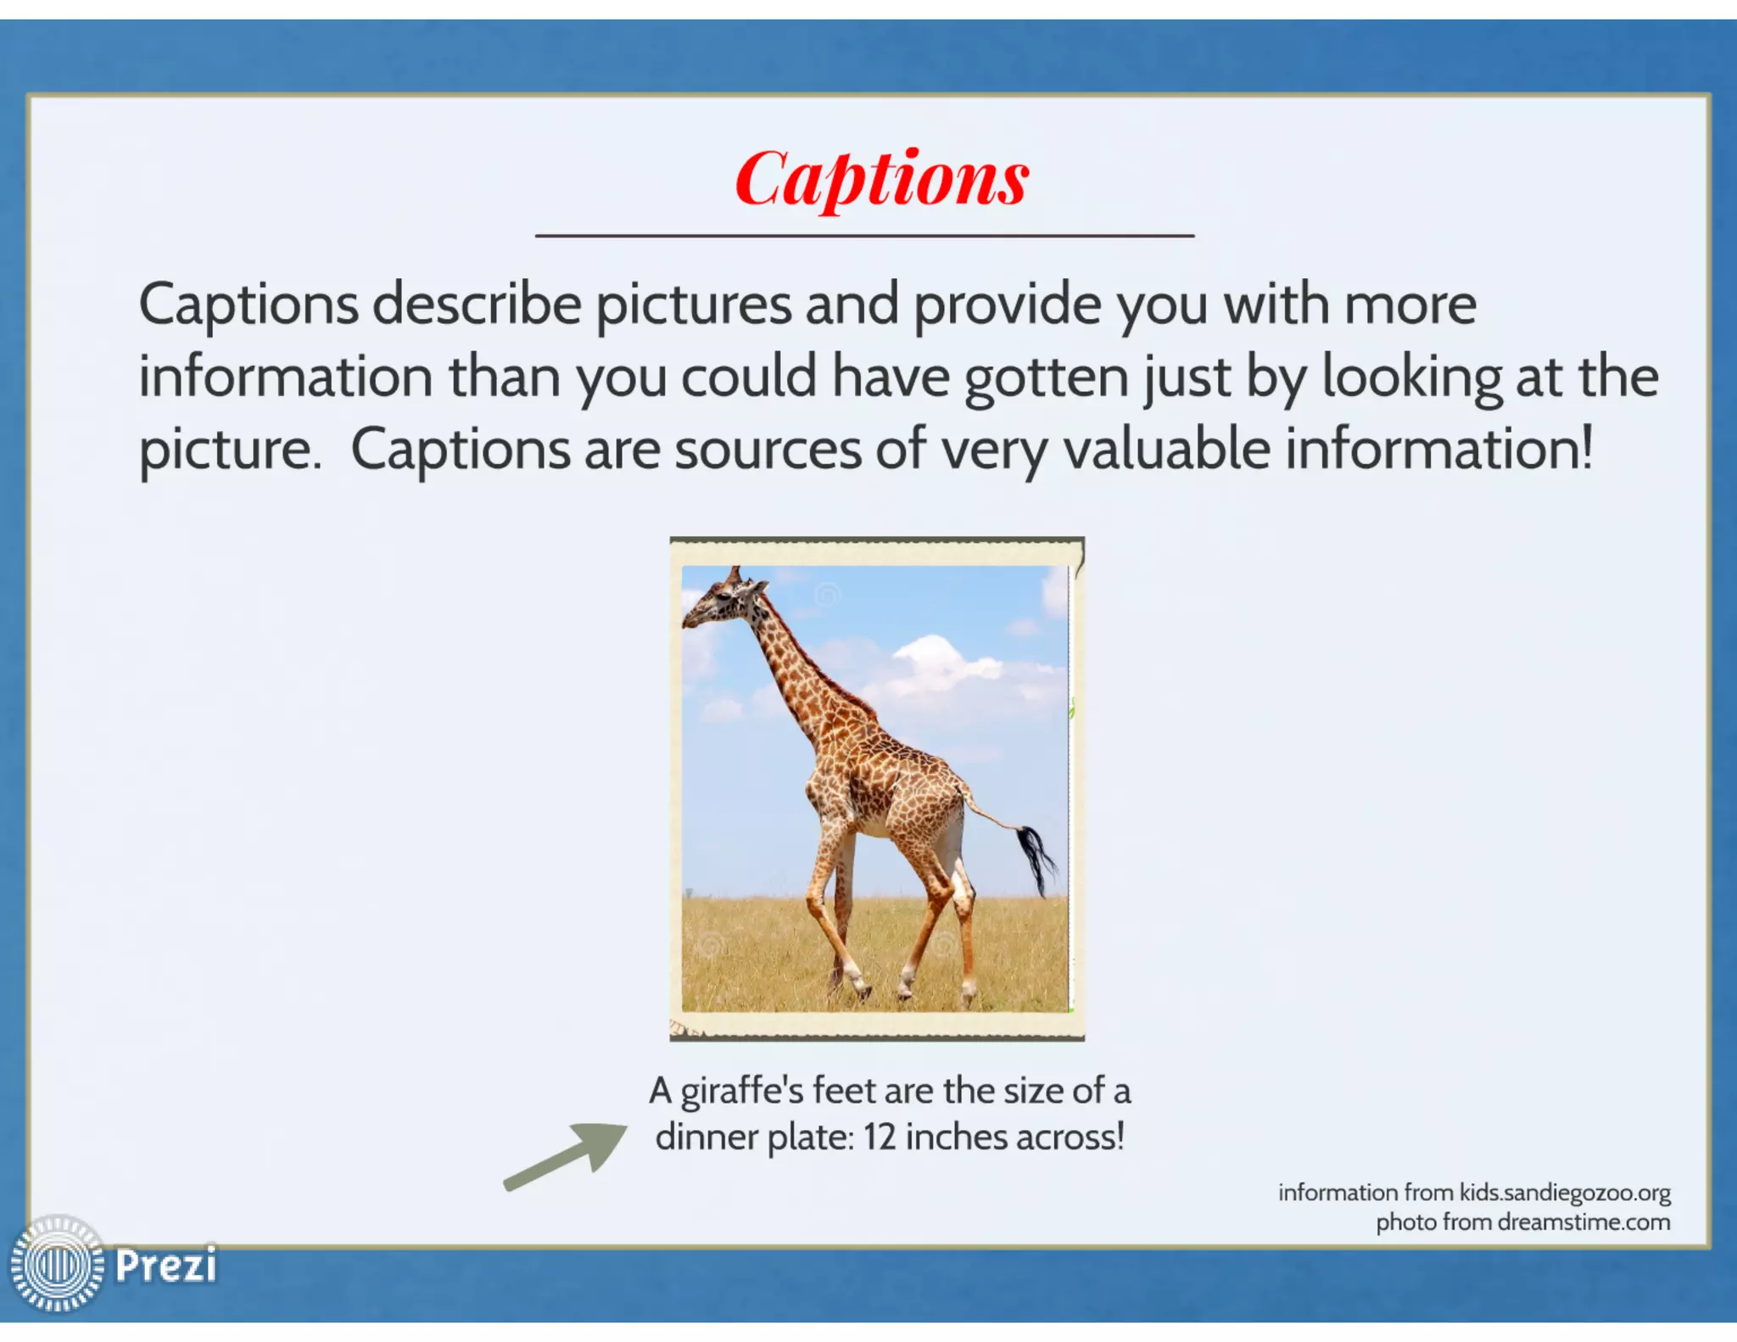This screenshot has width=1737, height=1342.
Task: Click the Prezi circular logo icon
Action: (58, 1264)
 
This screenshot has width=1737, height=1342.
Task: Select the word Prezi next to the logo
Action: (165, 1266)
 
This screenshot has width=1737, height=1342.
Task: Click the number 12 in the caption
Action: (880, 1138)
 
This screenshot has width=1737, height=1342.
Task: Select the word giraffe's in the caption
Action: (741, 1091)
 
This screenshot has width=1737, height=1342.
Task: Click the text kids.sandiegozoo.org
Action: (1564, 1193)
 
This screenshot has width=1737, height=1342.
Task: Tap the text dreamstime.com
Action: (1583, 1222)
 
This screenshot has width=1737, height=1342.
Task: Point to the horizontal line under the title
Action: (864, 236)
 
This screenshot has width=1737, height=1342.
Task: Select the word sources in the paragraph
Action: (768, 449)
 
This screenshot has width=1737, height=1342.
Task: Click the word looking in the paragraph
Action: (1411, 377)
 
